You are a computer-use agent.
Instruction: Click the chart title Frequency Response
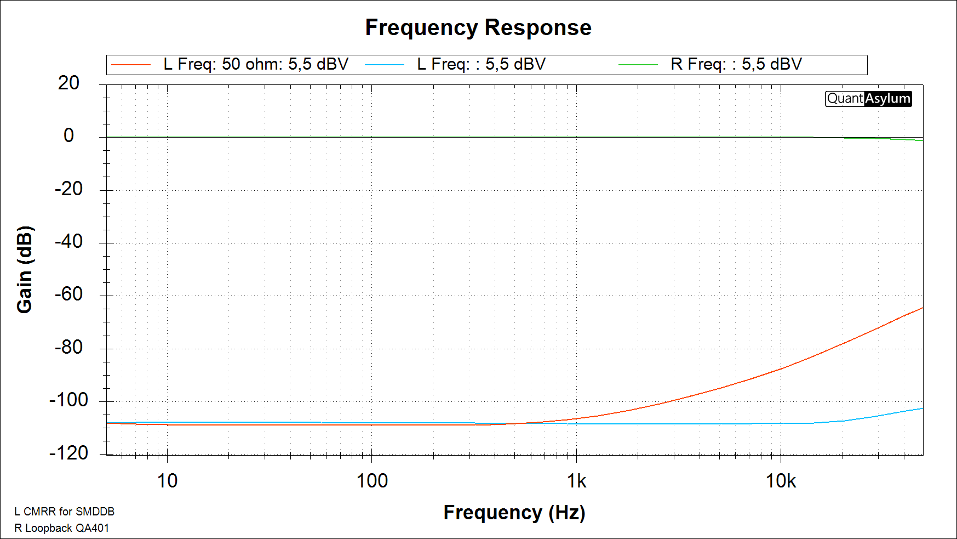point(478,27)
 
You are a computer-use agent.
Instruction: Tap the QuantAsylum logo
point(868,99)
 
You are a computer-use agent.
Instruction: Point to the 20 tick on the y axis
point(68,83)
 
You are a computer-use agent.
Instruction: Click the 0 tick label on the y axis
point(68,135)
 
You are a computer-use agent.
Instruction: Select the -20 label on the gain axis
point(68,189)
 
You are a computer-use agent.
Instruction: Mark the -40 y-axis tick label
point(68,241)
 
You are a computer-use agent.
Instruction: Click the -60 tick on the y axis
point(68,294)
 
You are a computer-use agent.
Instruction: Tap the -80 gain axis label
point(68,347)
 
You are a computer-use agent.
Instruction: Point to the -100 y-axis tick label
point(68,400)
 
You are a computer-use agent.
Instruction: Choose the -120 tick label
point(68,453)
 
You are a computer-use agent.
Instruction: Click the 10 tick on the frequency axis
point(167,481)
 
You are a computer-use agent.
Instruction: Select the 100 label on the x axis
point(372,481)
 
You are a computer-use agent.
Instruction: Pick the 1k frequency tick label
point(576,481)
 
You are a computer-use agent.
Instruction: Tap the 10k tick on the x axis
point(781,481)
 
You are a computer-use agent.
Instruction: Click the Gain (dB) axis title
point(25,269)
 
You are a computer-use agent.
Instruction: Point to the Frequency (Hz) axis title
point(514,512)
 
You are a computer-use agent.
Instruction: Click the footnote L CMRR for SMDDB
point(64,512)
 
